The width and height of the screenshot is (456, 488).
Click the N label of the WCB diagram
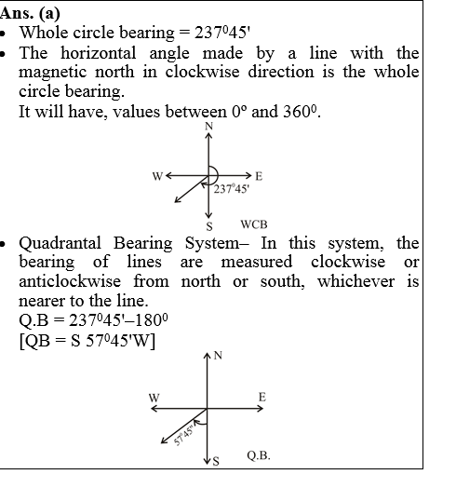click(x=208, y=126)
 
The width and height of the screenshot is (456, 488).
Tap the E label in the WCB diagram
click(x=258, y=175)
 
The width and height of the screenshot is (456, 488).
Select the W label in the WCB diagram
click(x=159, y=176)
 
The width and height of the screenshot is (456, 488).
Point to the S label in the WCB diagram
click(x=208, y=226)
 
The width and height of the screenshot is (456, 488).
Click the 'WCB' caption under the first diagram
click(x=254, y=224)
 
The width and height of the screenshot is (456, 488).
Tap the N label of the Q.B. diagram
click(x=218, y=355)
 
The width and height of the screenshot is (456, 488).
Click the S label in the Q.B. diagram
click(x=216, y=461)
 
